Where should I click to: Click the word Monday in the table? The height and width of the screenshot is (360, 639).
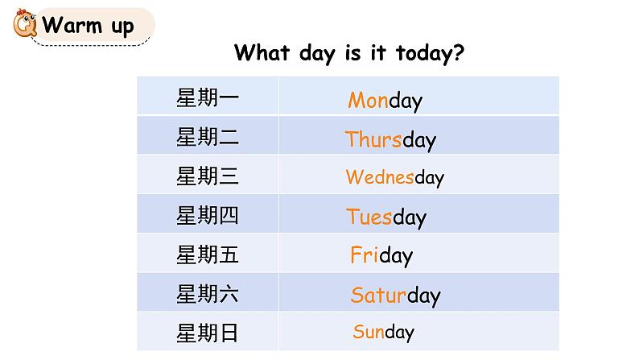point(385,101)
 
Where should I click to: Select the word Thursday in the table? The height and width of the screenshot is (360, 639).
point(390,139)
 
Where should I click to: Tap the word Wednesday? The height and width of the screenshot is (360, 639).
point(394,177)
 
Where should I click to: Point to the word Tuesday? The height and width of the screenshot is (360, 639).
point(386,217)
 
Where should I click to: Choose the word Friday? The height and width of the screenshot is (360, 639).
point(381,255)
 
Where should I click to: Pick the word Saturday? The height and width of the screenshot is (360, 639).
point(395,295)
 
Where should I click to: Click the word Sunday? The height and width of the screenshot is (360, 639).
point(383,331)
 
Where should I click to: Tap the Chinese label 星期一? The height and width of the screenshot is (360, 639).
point(208,98)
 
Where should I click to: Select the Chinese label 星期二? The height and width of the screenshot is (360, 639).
point(208,137)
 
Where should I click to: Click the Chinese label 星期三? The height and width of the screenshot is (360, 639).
point(208,176)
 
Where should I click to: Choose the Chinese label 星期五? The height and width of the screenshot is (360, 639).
point(208,254)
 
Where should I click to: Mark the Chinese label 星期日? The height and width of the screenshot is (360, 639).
point(208,332)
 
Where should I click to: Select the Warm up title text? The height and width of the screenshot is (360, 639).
point(88,25)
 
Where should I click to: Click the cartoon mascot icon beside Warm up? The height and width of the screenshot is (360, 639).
point(24,25)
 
